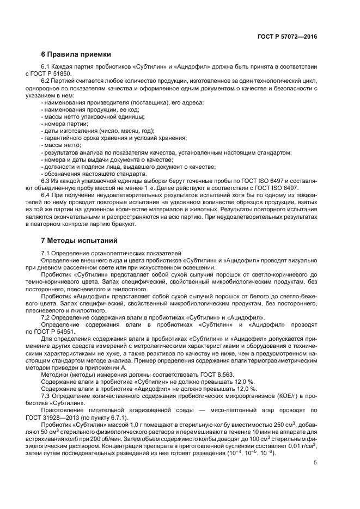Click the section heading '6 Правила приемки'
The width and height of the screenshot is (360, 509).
point(76,54)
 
